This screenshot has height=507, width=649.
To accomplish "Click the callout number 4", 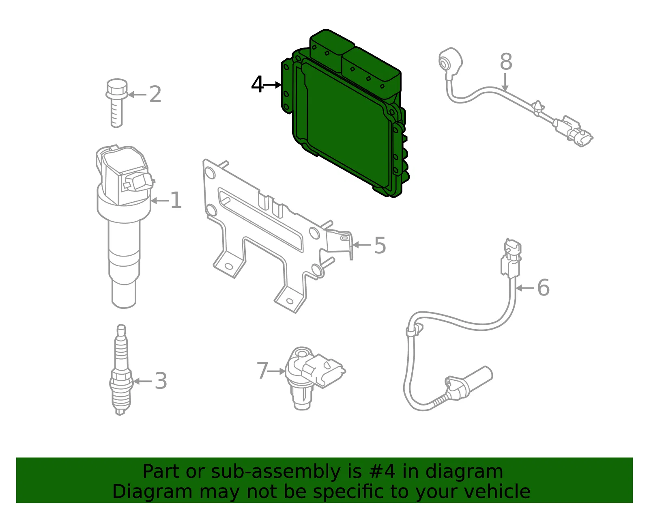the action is click(257, 84).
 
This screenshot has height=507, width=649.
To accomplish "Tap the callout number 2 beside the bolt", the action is click(155, 95).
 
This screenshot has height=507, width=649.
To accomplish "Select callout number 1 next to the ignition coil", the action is click(176, 200).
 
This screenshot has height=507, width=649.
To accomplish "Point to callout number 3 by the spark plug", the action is click(161, 381).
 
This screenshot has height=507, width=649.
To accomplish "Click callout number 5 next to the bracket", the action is click(380, 245).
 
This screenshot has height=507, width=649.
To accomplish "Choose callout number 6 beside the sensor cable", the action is click(543, 287).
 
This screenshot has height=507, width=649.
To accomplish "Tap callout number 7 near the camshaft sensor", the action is click(262, 371).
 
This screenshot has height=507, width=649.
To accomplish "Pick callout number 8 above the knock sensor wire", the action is click(506, 62).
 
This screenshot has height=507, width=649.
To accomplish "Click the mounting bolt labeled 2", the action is click(117, 103).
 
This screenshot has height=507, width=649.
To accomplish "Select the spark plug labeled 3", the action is click(120, 369).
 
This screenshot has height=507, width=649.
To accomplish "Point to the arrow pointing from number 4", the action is click(272, 85).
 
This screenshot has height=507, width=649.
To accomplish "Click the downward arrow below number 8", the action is click(505, 82).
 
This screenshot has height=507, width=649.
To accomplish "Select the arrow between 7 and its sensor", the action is click(277, 371).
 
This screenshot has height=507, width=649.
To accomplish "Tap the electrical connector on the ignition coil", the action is click(138, 181).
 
